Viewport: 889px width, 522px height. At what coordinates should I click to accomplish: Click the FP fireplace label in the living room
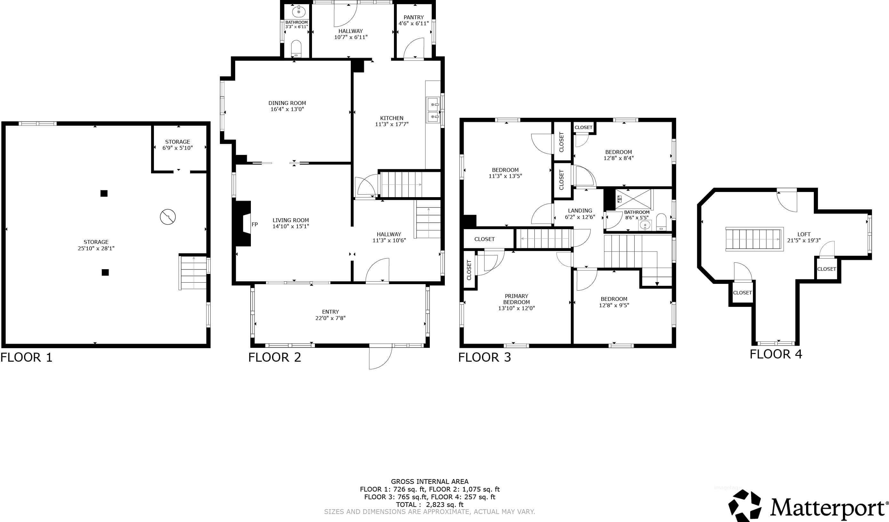click(x=255, y=224)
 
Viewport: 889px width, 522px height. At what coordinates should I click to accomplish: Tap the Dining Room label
click(x=287, y=103)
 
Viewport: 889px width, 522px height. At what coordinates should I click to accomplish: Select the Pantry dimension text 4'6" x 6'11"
click(x=414, y=23)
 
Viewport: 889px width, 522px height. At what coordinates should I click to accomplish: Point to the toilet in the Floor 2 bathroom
click(x=296, y=49)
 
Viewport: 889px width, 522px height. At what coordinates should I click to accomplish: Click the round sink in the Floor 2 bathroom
click(x=299, y=11)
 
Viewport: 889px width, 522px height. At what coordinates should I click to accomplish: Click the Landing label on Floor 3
click(x=580, y=211)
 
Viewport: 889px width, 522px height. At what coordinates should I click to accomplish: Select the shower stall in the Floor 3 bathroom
click(x=634, y=199)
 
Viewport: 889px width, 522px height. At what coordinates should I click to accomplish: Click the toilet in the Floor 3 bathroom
click(x=661, y=222)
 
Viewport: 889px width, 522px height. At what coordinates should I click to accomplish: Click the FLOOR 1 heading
click(x=27, y=357)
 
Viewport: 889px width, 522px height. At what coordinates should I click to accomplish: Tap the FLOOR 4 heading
click(x=776, y=354)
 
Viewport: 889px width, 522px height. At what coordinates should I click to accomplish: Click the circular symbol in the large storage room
click(x=168, y=217)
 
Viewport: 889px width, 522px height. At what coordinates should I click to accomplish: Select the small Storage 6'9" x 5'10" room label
click(x=177, y=145)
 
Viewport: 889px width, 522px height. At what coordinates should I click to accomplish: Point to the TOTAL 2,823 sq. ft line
click(x=430, y=504)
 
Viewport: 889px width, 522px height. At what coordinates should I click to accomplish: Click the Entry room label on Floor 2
click(x=330, y=312)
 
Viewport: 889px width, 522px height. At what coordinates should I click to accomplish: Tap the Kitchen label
click(x=392, y=118)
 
